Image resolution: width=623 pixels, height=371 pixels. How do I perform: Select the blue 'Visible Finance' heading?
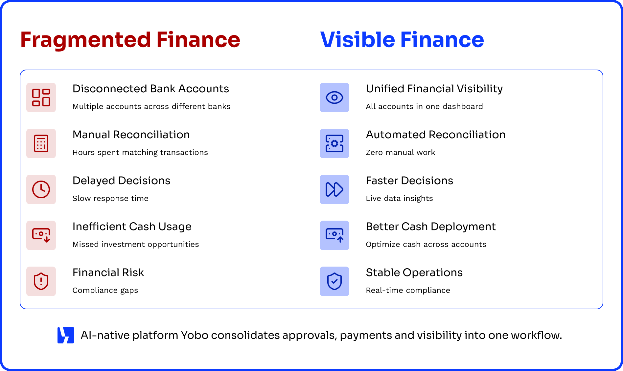tap(402, 40)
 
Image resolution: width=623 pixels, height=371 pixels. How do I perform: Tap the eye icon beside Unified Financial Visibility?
tap(335, 98)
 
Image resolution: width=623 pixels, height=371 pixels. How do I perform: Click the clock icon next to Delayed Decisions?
tap(41, 189)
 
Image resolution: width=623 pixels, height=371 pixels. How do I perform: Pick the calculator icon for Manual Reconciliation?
tap(41, 143)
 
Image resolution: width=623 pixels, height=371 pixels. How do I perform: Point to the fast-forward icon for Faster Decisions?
tap(335, 189)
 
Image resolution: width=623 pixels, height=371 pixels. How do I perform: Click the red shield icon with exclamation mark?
tap(41, 281)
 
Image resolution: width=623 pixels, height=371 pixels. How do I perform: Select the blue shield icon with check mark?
tap(335, 281)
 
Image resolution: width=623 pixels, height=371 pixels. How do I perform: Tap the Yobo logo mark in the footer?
tap(66, 335)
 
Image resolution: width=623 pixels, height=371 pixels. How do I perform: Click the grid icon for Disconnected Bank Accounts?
tap(41, 98)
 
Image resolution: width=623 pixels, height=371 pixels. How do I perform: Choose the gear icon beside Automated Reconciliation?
tap(335, 143)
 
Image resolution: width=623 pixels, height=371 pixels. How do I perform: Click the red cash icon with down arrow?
tap(41, 235)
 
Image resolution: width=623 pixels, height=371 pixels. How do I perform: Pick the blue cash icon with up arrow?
tap(335, 235)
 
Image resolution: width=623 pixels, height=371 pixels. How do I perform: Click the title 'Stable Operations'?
tap(414, 273)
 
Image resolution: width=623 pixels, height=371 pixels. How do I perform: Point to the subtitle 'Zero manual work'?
tap(400, 152)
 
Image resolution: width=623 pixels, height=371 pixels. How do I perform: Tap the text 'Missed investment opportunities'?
tap(135, 244)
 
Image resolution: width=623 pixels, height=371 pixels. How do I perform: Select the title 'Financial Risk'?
tap(108, 273)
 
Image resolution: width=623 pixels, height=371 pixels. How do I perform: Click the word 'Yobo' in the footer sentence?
tap(195, 335)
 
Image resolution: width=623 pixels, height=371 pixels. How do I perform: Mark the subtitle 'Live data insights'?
tap(399, 198)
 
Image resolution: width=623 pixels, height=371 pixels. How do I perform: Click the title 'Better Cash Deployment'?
tap(431, 227)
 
